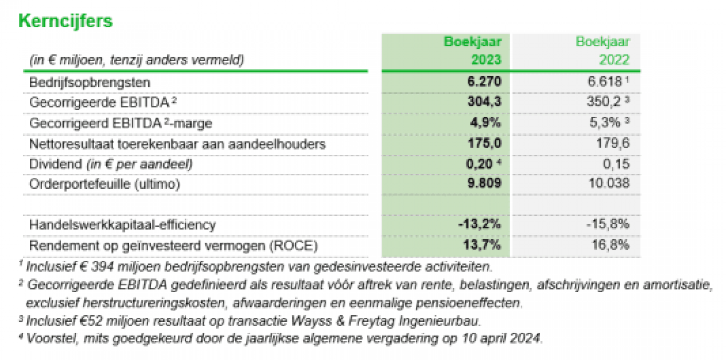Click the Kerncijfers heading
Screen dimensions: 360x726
point(65,21)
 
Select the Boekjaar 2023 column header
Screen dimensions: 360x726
point(472,50)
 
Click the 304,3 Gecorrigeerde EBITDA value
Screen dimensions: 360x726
point(483,103)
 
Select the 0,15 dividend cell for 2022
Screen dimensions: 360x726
point(615,165)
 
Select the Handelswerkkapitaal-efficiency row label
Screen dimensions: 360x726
point(122,225)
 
